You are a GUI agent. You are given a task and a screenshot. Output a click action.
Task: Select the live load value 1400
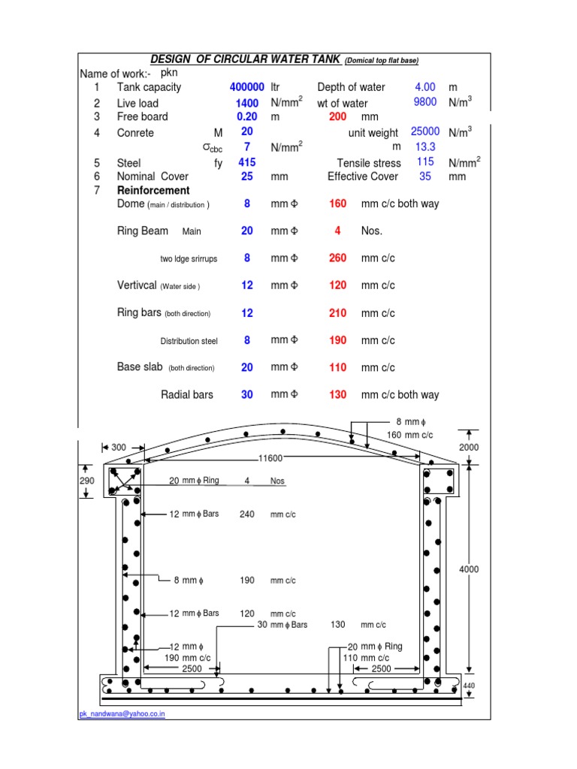click(x=247, y=103)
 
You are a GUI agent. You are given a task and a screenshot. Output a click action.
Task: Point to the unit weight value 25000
click(x=425, y=131)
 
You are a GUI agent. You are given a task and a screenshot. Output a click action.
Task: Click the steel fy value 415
click(x=247, y=162)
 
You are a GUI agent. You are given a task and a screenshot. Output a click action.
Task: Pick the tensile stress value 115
click(x=425, y=162)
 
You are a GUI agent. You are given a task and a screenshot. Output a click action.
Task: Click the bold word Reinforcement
click(x=153, y=191)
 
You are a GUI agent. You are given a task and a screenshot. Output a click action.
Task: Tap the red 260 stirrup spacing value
click(x=338, y=258)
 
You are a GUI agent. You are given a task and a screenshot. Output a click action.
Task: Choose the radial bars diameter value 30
click(x=247, y=395)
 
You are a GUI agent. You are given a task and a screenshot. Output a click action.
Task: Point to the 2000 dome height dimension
click(x=468, y=447)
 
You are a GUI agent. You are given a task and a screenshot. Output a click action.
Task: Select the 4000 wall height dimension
click(x=468, y=569)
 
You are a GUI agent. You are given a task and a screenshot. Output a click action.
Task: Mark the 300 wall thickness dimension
click(x=119, y=448)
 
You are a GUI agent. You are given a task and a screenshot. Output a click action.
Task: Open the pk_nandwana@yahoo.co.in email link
click(x=122, y=714)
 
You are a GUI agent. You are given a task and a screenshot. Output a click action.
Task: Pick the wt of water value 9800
click(x=425, y=102)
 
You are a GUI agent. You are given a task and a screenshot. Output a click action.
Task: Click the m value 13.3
click(x=425, y=147)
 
